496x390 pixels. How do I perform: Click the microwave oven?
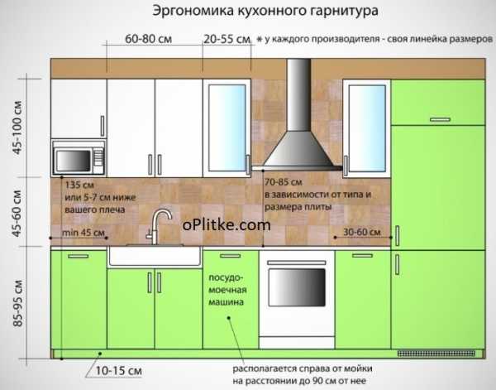(79, 158)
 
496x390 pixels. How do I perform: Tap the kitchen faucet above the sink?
(158, 225)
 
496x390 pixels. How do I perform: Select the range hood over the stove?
(298, 114)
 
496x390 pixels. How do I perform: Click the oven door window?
(297, 287)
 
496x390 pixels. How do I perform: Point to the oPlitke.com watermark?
(227, 225)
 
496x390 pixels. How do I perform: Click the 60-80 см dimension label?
(148, 39)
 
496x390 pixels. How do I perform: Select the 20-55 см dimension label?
(227, 39)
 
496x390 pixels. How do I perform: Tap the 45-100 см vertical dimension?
(17, 128)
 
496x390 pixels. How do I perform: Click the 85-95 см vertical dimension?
(17, 303)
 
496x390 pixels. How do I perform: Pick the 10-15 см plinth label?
(118, 371)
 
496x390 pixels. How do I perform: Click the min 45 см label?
(83, 233)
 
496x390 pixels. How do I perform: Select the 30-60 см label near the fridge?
(362, 232)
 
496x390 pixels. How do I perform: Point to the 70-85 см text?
(284, 182)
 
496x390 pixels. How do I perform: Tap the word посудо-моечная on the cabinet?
(227, 284)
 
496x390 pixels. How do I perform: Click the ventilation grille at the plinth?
(436, 354)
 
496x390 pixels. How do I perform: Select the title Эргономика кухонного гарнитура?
(265, 11)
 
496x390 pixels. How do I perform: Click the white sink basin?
(155, 256)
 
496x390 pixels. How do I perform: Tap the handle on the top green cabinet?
(440, 119)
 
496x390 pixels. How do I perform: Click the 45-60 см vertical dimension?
(17, 214)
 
